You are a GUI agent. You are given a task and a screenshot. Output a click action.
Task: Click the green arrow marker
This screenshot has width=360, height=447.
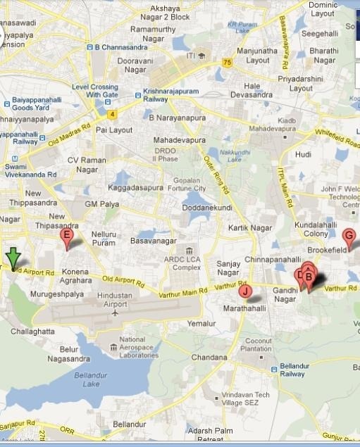12,258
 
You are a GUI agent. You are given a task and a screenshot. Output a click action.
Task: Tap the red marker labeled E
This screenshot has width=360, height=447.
67,238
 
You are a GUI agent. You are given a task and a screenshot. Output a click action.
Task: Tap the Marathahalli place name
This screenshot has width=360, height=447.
244,308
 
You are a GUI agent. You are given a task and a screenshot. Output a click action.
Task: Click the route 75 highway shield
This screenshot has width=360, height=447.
227,62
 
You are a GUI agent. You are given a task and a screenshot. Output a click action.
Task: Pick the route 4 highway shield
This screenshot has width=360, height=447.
111,113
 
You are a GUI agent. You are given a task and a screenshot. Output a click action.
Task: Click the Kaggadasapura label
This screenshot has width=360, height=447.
136,188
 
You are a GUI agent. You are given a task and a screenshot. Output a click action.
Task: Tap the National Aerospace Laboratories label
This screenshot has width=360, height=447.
132,349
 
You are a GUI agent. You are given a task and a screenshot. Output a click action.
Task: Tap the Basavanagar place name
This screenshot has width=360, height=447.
153,241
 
